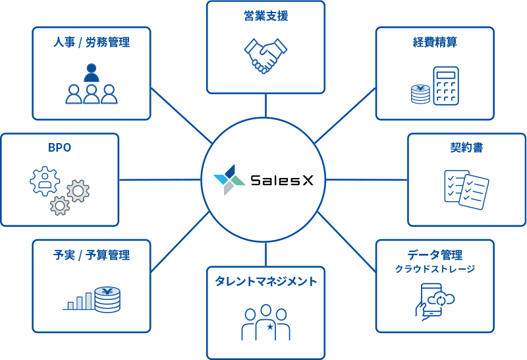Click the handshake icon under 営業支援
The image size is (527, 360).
click(265, 56)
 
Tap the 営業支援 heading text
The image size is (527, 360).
click(265, 16)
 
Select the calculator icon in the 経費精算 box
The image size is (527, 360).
click(445, 85)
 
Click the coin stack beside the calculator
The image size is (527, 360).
click(420, 94)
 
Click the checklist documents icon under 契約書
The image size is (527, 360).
click(466, 189)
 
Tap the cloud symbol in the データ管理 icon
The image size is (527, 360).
click(441, 299)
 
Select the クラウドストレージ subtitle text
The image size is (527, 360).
click(435, 269)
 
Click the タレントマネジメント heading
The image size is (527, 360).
click(265, 282)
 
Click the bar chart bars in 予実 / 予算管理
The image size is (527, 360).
click(79, 301)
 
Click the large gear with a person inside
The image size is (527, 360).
click(45, 181)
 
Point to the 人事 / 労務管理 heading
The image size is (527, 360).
click(92, 43)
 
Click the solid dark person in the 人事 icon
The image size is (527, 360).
click(92, 72)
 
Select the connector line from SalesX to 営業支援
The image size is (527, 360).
click(266, 105)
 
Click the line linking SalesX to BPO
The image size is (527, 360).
click(160, 179)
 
